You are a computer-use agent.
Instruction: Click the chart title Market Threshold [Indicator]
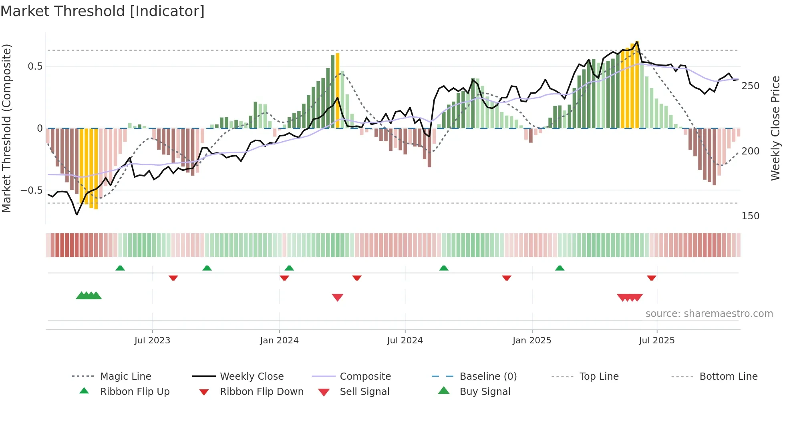point(103,11)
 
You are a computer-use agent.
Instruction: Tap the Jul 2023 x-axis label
point(152,341)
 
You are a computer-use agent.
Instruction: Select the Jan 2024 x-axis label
point(279,341)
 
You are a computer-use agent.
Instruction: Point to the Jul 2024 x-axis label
point(405,341)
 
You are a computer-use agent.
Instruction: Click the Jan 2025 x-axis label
point(532,341)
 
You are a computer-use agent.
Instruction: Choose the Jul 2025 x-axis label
point(657,341)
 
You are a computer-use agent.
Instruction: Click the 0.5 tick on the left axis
point(35,66)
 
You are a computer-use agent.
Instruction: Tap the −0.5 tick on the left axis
point(32,190)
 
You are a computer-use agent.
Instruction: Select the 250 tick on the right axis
point(750,86)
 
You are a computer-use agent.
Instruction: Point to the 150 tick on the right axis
point(750,216)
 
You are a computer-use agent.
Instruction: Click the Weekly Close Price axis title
point(775,128)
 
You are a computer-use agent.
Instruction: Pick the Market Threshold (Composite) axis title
point(6,128)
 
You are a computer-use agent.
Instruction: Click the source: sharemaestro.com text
point(709,314)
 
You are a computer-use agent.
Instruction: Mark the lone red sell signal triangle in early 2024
point(338,297)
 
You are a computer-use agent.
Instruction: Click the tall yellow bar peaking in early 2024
point(338,90)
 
